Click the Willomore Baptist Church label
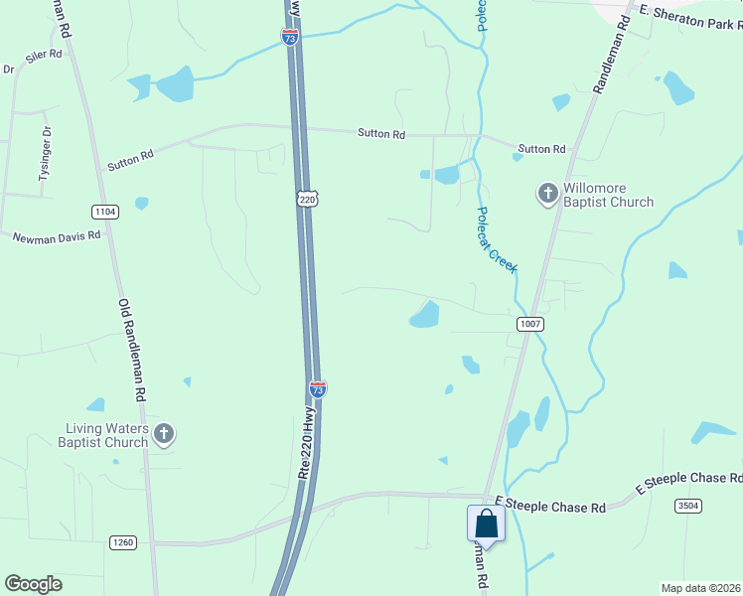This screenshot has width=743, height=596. (609, 195)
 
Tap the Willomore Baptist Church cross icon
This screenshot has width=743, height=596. (547, 195)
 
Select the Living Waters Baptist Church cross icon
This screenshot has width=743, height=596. (165, 434)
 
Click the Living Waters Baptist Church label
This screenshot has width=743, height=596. (107, 435)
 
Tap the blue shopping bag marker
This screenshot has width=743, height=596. (486, 523)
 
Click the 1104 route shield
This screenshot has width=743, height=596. (104, 212)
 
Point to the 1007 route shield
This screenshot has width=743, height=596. (529, 324)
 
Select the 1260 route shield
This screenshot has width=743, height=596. (123, 542)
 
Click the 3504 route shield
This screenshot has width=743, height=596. (689, 507)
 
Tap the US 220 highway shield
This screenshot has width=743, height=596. (309, 200)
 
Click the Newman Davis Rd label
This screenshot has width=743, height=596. (57, 236)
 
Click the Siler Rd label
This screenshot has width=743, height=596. (45, 60)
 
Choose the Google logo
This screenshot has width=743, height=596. (33, 584)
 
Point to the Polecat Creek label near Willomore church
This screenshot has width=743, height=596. (496, 239)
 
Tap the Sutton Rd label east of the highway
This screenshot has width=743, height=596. (381, 134)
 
